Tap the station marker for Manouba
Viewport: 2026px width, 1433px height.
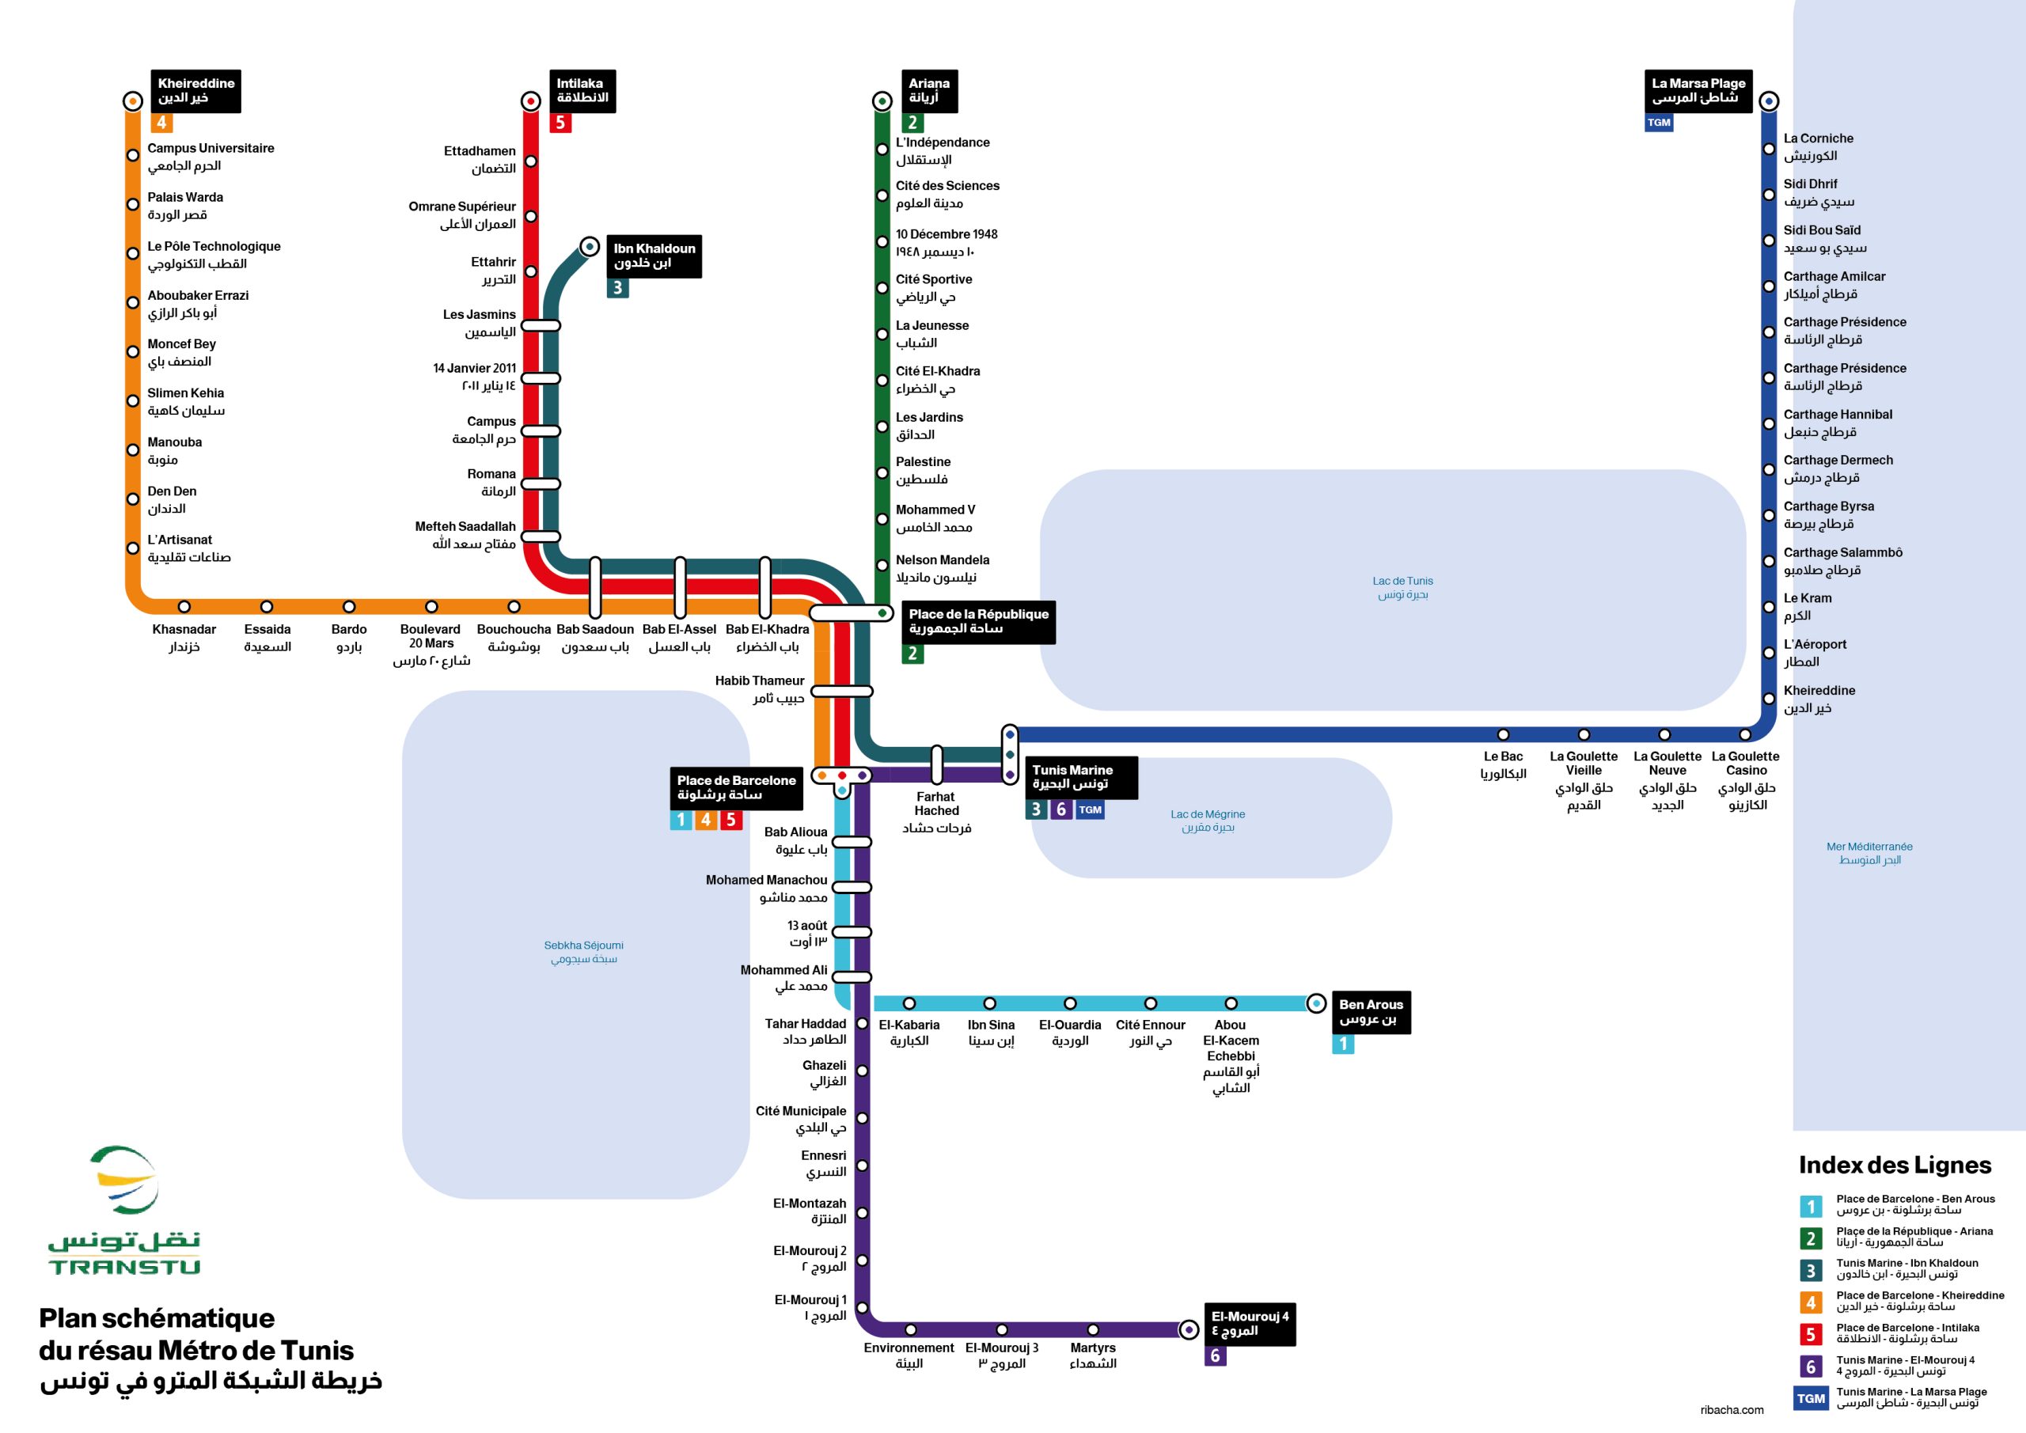(x=132, y=450)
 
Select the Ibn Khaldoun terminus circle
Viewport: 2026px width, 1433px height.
(x=590, y=246)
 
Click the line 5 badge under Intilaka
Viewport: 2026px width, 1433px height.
(x=560, y=123)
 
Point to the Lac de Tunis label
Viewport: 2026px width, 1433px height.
(x=1402, y=587)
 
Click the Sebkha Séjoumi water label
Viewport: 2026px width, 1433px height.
(x=583, y=951)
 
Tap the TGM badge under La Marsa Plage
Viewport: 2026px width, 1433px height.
(x=1658, y=123)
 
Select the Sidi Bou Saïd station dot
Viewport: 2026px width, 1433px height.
(x=1768, y=240)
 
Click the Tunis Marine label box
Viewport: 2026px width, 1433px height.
(x=1080, y=776)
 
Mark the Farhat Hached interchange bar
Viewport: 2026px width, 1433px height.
(x=936, y=764)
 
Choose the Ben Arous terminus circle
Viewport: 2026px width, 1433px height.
(x=1315, y=1003)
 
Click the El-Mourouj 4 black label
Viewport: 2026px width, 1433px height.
(x=1250, y=1323)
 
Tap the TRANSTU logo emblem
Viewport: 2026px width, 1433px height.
(x=124, y=1181)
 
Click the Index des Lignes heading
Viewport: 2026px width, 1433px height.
(x=1895, y=1165)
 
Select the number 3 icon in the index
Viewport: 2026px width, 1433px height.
(x=1810, y=1271)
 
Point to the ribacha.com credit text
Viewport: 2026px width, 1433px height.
(x=1732, y=1409)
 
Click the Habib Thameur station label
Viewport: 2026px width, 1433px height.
(x=760, y=688)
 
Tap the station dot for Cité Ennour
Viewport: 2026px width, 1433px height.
(x=1150, y=1003)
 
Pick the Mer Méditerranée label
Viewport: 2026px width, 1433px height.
(x=1869, y=852)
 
